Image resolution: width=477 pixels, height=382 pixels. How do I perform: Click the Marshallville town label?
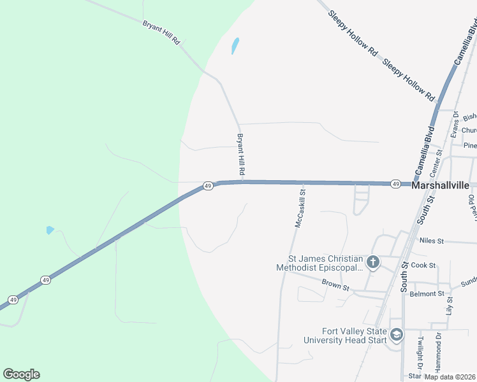441,185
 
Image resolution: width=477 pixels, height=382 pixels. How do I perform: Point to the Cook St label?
423,265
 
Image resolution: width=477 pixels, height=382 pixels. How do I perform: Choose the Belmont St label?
427,294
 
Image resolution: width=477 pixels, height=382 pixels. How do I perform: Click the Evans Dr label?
455,123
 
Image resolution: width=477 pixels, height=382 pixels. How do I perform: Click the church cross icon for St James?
373,262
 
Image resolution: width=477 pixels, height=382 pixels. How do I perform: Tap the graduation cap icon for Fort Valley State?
396,335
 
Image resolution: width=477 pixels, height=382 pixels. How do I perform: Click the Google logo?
21,374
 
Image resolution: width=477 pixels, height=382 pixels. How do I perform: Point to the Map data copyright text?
450,377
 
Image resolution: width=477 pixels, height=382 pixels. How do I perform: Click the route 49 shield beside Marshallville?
396,184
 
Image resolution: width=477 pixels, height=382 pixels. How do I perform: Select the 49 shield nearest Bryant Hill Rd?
208,185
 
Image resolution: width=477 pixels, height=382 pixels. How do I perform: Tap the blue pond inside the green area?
50,230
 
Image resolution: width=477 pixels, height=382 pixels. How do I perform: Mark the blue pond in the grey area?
235,45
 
